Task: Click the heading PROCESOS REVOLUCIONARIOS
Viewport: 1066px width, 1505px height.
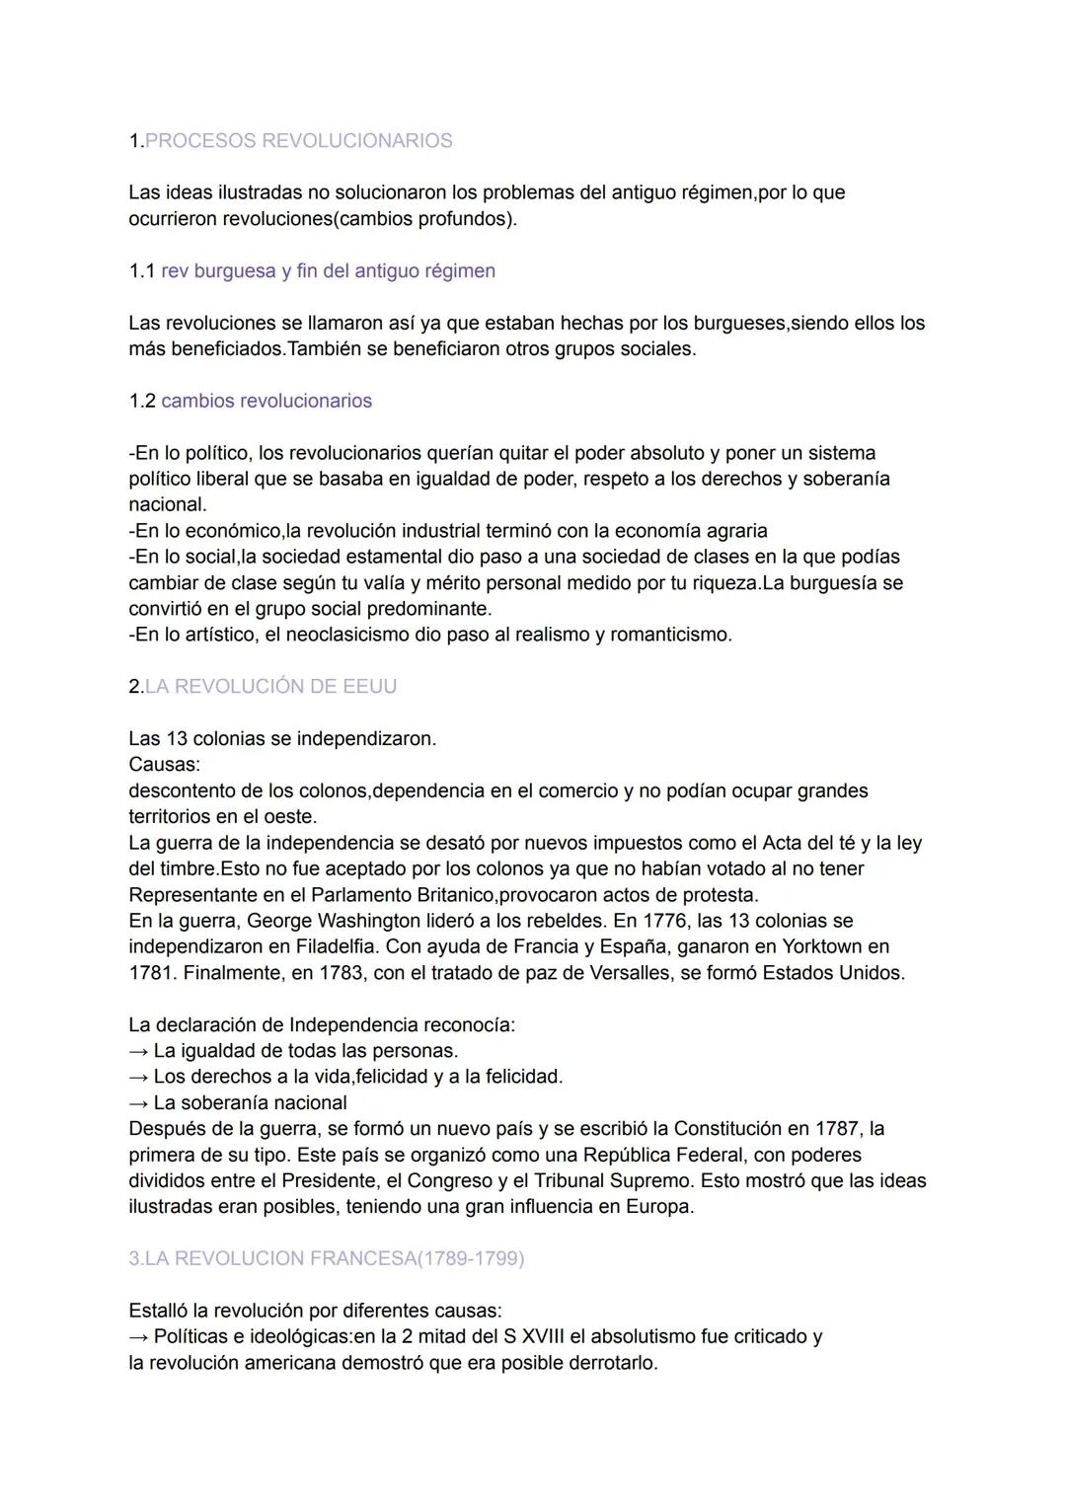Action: coord(298,141)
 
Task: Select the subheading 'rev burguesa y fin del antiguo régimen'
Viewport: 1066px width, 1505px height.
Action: coord(328,271)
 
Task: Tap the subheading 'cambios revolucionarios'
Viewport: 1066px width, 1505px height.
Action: coord(266,402)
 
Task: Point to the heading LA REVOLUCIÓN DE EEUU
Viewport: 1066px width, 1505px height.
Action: coord(270,687)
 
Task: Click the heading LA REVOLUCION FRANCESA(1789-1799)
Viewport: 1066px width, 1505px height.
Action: coord(327,1259)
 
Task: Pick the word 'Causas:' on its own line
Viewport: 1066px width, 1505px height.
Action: coord(164,765)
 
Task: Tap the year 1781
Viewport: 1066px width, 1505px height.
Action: coord(150,973)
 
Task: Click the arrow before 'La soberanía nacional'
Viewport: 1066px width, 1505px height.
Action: coord(138,1103)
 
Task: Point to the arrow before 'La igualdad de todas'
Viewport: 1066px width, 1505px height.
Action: coord(138,1051)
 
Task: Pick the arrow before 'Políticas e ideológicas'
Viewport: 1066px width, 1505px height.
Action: coord(138,1337)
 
